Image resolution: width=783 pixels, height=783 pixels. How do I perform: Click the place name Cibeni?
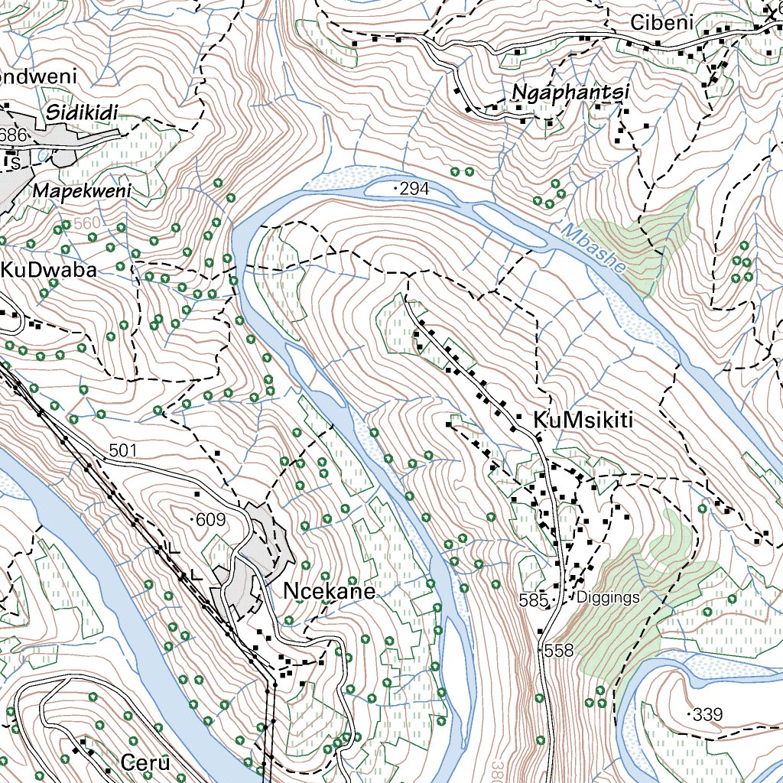[661, 24]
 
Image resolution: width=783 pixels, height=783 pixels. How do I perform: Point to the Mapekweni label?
[82, 190]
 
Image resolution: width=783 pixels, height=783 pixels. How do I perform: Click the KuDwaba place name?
[48, 271]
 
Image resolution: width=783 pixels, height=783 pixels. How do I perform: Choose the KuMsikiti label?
[585, 421]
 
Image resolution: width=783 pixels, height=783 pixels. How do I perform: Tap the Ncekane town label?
[330, 591]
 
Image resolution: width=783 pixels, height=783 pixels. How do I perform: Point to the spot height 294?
[414, 188]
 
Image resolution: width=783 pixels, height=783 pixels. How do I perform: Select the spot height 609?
[210, 521]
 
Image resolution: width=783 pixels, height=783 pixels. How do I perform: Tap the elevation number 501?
[122, 450]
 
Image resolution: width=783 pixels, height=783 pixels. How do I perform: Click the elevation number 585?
[533, 600]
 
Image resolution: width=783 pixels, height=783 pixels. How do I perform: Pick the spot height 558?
[558, 651]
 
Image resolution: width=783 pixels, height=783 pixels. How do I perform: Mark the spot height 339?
[708, 715]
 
